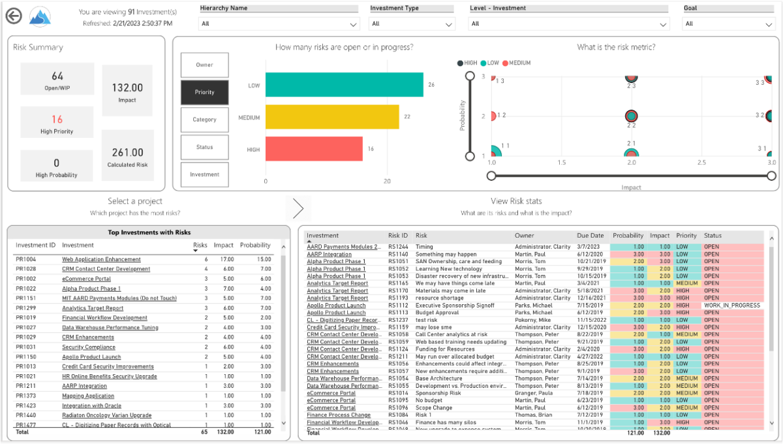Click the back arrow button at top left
(x=13, y=16)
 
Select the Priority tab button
(x=205, y=93)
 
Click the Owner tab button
(x=205, y=65)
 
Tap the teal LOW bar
(x=345, y=86)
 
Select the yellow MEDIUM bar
(x=332, y=118)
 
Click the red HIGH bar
(x=315, y=150)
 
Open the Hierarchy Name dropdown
(x=279, y=24)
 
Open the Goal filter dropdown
(x=728, y=24)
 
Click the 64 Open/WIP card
(x=57, y=80)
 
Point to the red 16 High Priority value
(x=57, y=119)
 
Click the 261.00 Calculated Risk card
(x=128, y=155)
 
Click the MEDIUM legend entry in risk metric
(x=516, y=63)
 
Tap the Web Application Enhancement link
(x=101, y=260)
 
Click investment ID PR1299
(x=26, y=308)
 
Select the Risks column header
(x=200, y=246)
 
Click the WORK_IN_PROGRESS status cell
(x=731, y=306)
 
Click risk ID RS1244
(x=397, y=247)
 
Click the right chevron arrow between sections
(x=298, y=208)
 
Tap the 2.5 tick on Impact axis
(x=701, y=162)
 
